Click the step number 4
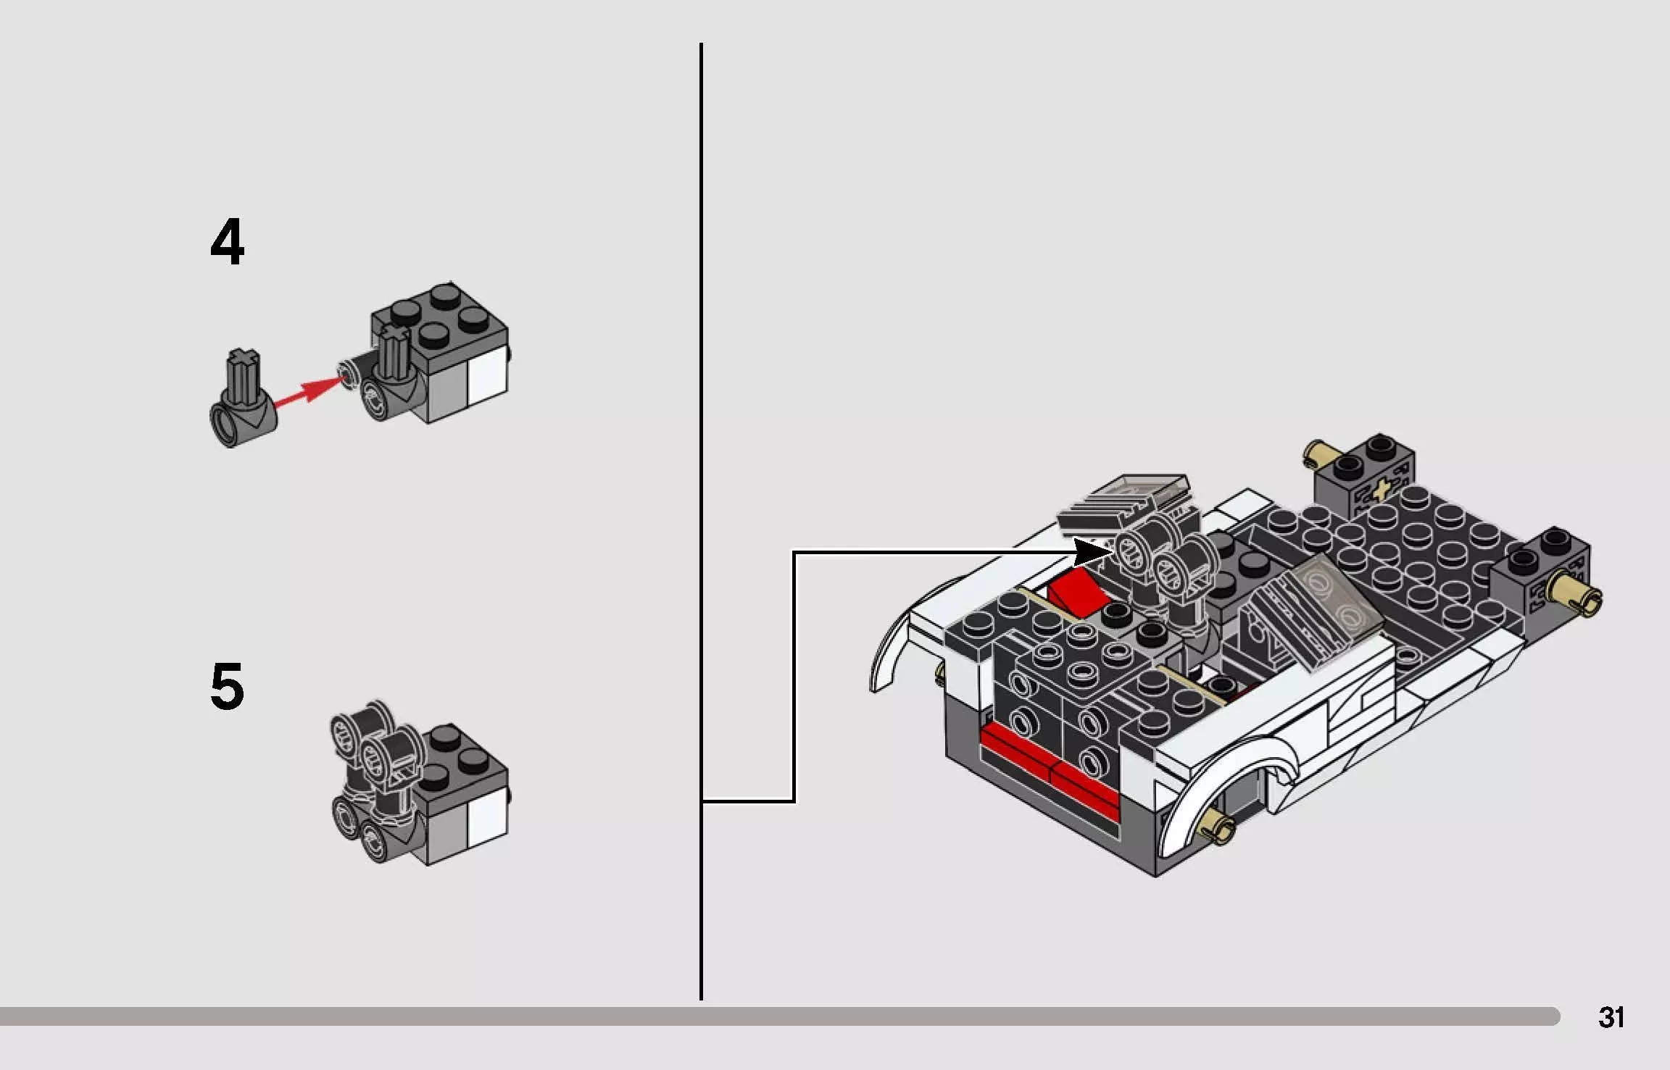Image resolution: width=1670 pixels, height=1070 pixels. (x=227, y=243)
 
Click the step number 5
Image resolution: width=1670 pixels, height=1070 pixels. (x=227, y=686)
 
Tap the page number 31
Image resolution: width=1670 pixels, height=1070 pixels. (x=1611, y=1018)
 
